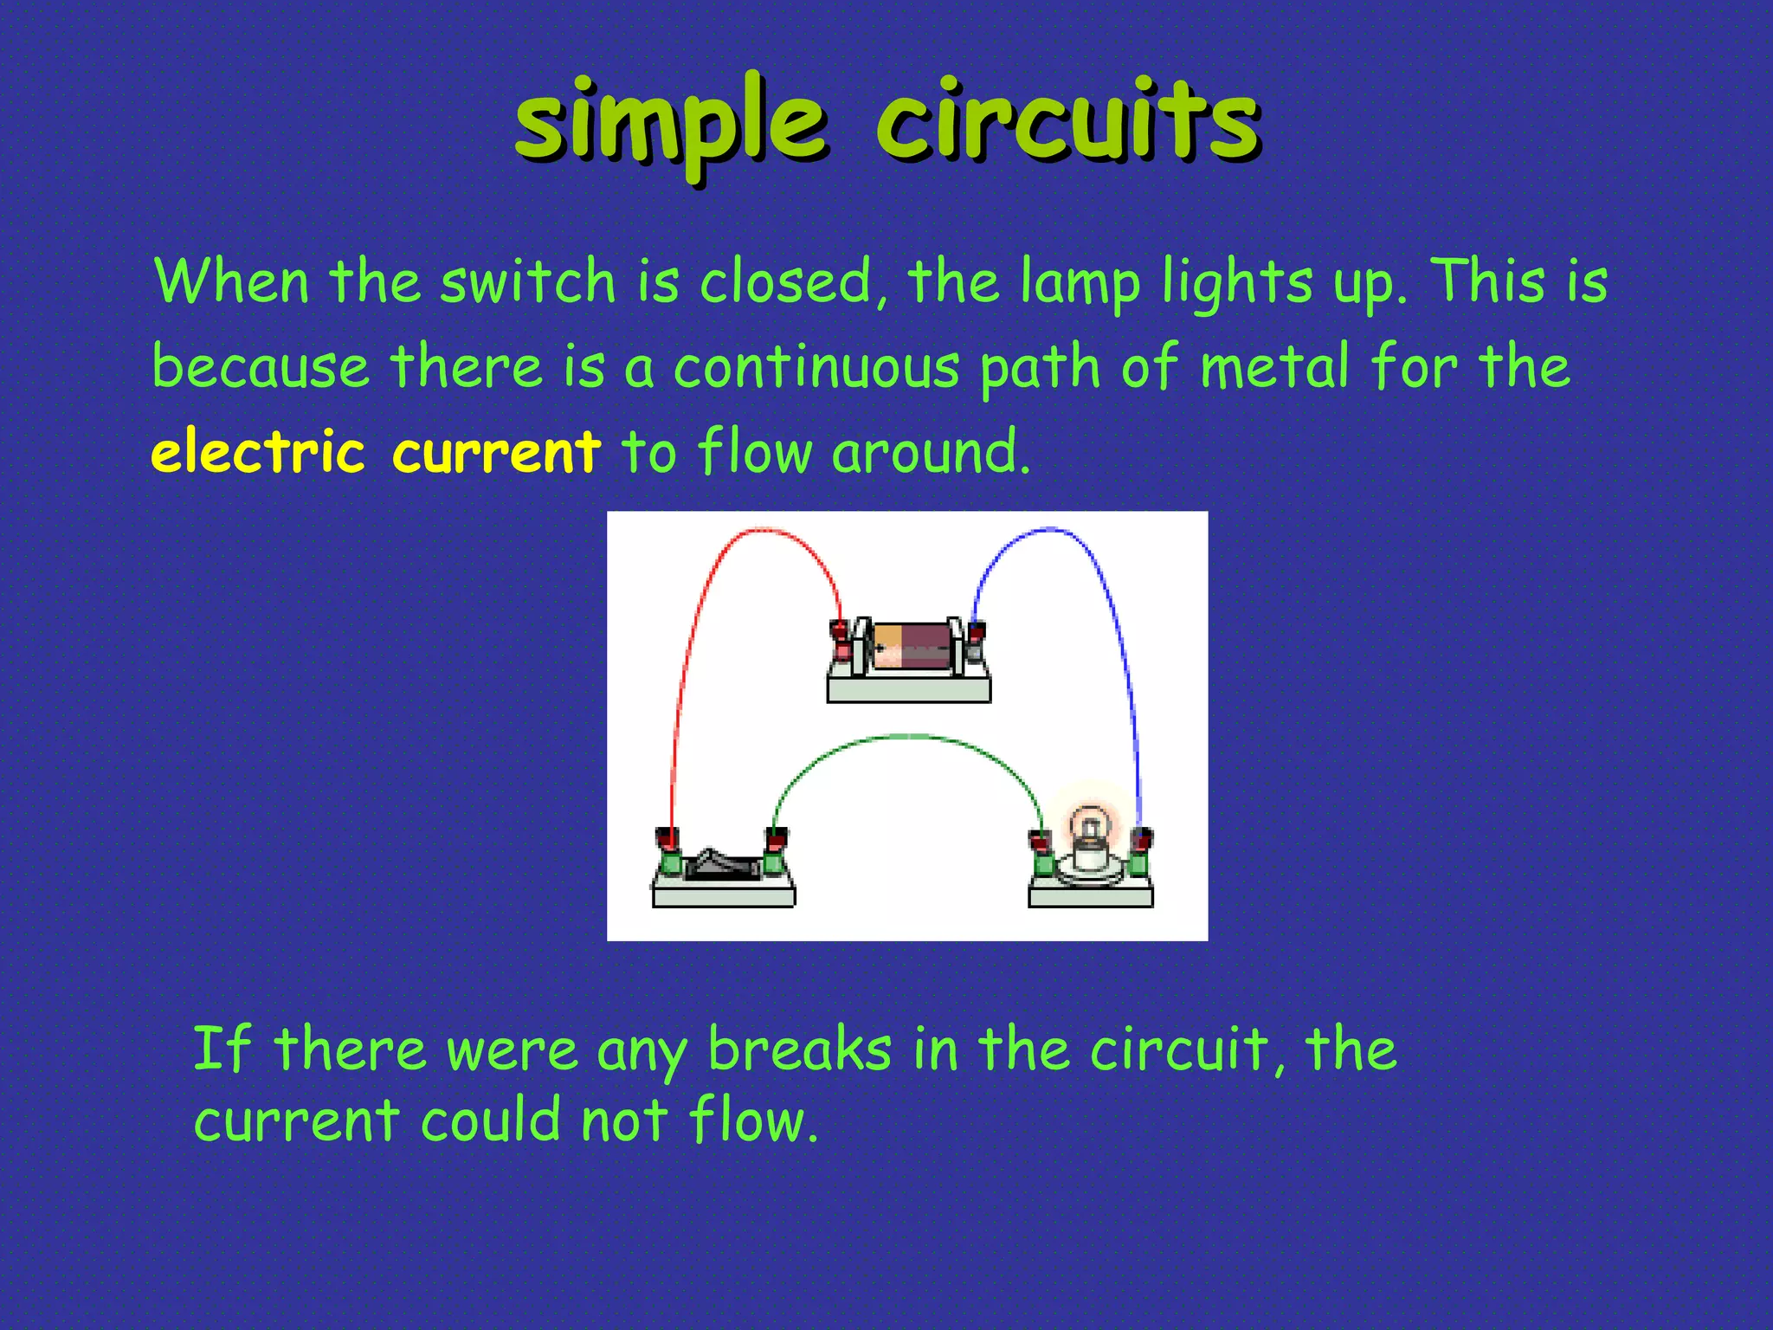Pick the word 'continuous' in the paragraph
816,366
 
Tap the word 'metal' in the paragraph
1275,365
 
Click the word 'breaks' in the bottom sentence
799,1049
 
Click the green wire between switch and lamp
909,738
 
